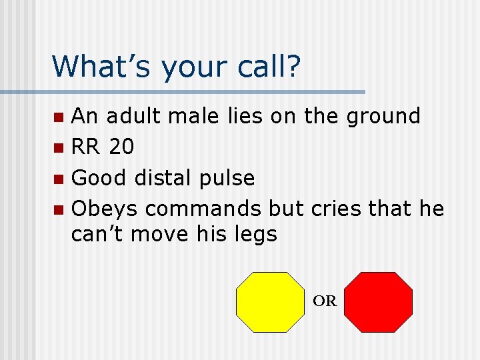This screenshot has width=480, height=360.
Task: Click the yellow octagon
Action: pyautogui.click(x=270, y=302)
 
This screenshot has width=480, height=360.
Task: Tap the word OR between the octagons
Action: pyautogui.click(x=325, y=301)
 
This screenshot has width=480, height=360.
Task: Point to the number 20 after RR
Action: pyautogui.click(x=121, y=147)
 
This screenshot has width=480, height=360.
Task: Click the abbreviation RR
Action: pyautogui.click(x=86, y=147)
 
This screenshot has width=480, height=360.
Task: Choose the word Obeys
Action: pyautogui.click(x=105, y=209)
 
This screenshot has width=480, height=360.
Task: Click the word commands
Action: pyautogui.click(x=203, y=209)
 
